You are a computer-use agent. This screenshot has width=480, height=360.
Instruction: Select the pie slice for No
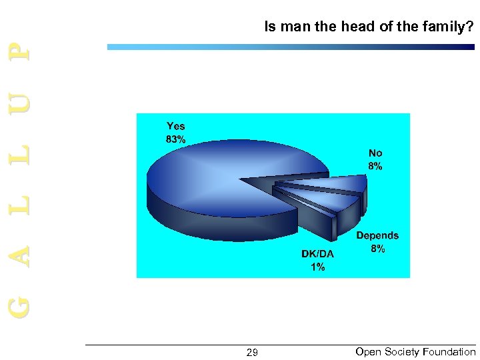(333, 184)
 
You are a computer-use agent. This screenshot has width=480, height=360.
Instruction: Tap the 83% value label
(176, 139)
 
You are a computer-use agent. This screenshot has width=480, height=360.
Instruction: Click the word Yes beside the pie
(176, 126)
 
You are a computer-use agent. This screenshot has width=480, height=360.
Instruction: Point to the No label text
(375, 153)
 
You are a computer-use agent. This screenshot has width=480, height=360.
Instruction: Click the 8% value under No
(375, 167)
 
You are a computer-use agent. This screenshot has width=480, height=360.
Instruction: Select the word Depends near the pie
(377, 235)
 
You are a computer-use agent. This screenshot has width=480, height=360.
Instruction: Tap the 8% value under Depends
(377, 249)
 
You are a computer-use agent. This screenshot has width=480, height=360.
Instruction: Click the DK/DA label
(317, 254)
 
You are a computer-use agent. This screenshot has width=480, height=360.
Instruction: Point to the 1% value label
(317, 267)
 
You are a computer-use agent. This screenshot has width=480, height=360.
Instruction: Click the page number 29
(252, 352)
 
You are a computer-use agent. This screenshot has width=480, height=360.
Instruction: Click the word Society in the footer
(401, 351)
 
